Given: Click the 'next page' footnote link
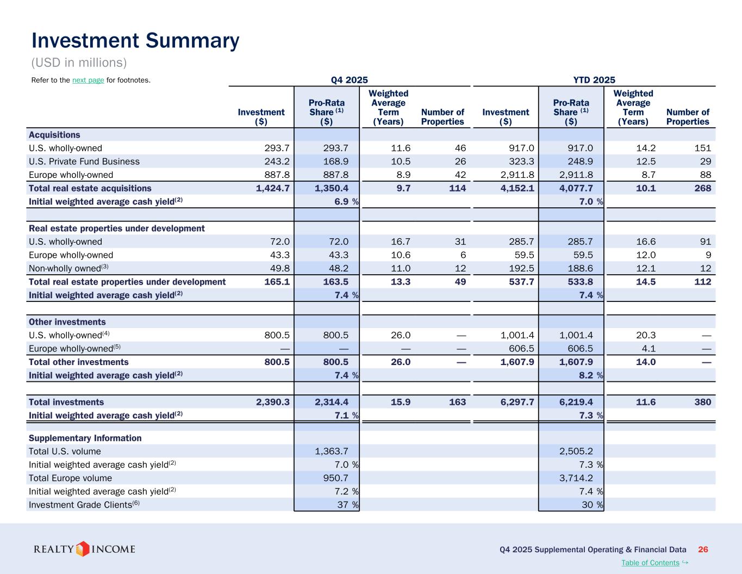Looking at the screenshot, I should click(88, 81).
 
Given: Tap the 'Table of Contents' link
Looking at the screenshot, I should click(650, 563).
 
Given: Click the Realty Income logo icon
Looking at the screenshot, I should click(83, 548).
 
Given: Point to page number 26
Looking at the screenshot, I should click(703, 550).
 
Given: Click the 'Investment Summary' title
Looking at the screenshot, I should click(135, 41).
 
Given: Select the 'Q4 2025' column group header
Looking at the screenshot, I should click(349, 80).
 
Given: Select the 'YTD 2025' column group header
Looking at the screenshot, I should click(594, 80).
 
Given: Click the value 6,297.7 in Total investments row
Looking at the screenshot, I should click(517, 402).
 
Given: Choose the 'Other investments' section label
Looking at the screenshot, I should click(67, 322).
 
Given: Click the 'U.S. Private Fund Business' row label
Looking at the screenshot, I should click(84, 162).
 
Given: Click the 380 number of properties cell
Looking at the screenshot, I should click(702, 402).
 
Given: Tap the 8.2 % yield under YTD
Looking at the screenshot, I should click(586, 375).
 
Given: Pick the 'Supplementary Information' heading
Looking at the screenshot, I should click(85, 438).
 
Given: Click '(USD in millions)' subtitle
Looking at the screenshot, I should click(79, 63).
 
